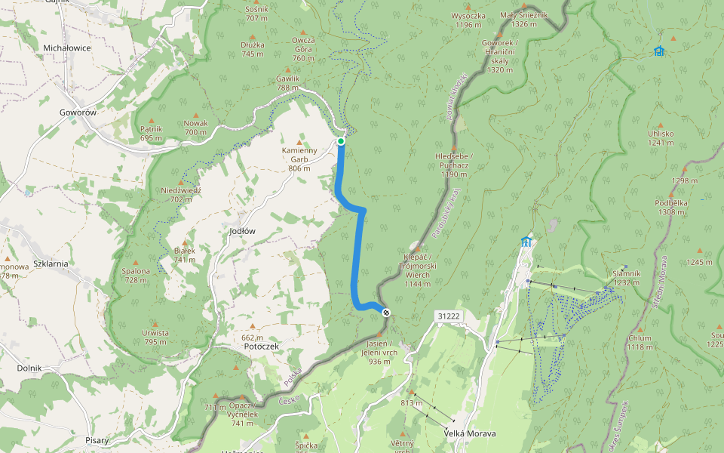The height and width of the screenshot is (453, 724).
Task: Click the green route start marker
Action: click(x=341, y=141)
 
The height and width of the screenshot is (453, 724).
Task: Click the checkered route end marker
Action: click(x=386, y=312)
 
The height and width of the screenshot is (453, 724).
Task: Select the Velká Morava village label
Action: click(x=470, y=433)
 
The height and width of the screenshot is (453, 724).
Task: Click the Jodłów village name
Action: click(x=242, y=231)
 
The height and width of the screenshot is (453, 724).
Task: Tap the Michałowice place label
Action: click(x=67, y=48)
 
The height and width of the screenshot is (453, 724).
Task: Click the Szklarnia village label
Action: click(x=51, y=263)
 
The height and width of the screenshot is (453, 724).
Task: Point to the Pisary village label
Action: click(x=97, y=440)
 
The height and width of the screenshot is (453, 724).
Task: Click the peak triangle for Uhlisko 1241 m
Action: click(x=660, y=125)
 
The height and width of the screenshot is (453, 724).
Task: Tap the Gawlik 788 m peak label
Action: click(x=288, y=82)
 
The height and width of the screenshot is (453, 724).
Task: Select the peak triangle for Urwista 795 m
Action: click(x=155, y=323)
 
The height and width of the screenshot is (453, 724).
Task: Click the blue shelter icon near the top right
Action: click(x=659, y=51)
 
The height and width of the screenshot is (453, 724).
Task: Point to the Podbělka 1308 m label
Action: click(x=671, y=208)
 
